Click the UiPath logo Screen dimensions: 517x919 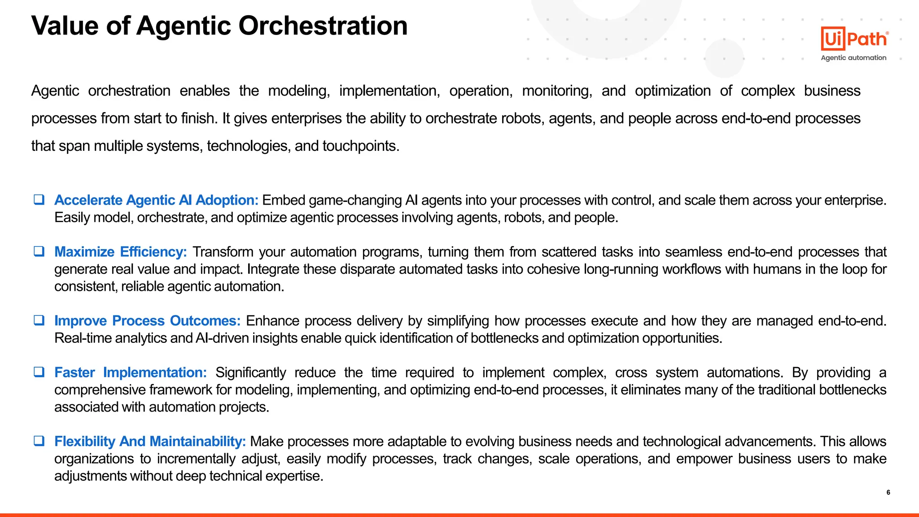tap(854, 39)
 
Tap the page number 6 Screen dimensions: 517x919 tap(888, 492)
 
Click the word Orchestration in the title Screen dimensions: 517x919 tap(323, 26)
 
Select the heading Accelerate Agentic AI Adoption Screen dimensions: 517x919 tap(156, 200)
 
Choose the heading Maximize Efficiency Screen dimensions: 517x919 tap(120, 252)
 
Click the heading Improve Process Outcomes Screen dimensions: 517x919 tap(147, 321)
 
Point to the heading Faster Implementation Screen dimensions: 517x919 tap(130, 372)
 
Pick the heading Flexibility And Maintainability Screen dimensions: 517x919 tap(150, 442)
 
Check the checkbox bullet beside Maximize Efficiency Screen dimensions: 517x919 tap(39, 251)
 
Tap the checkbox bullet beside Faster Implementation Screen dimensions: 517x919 tap(39, 372)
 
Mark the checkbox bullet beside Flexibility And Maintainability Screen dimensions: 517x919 tap(39, 441)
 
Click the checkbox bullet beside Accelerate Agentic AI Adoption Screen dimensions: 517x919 tap(39, 200)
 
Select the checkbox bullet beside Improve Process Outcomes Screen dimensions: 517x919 tap(39, 320)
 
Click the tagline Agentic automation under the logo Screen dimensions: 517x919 tap(853, 58)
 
